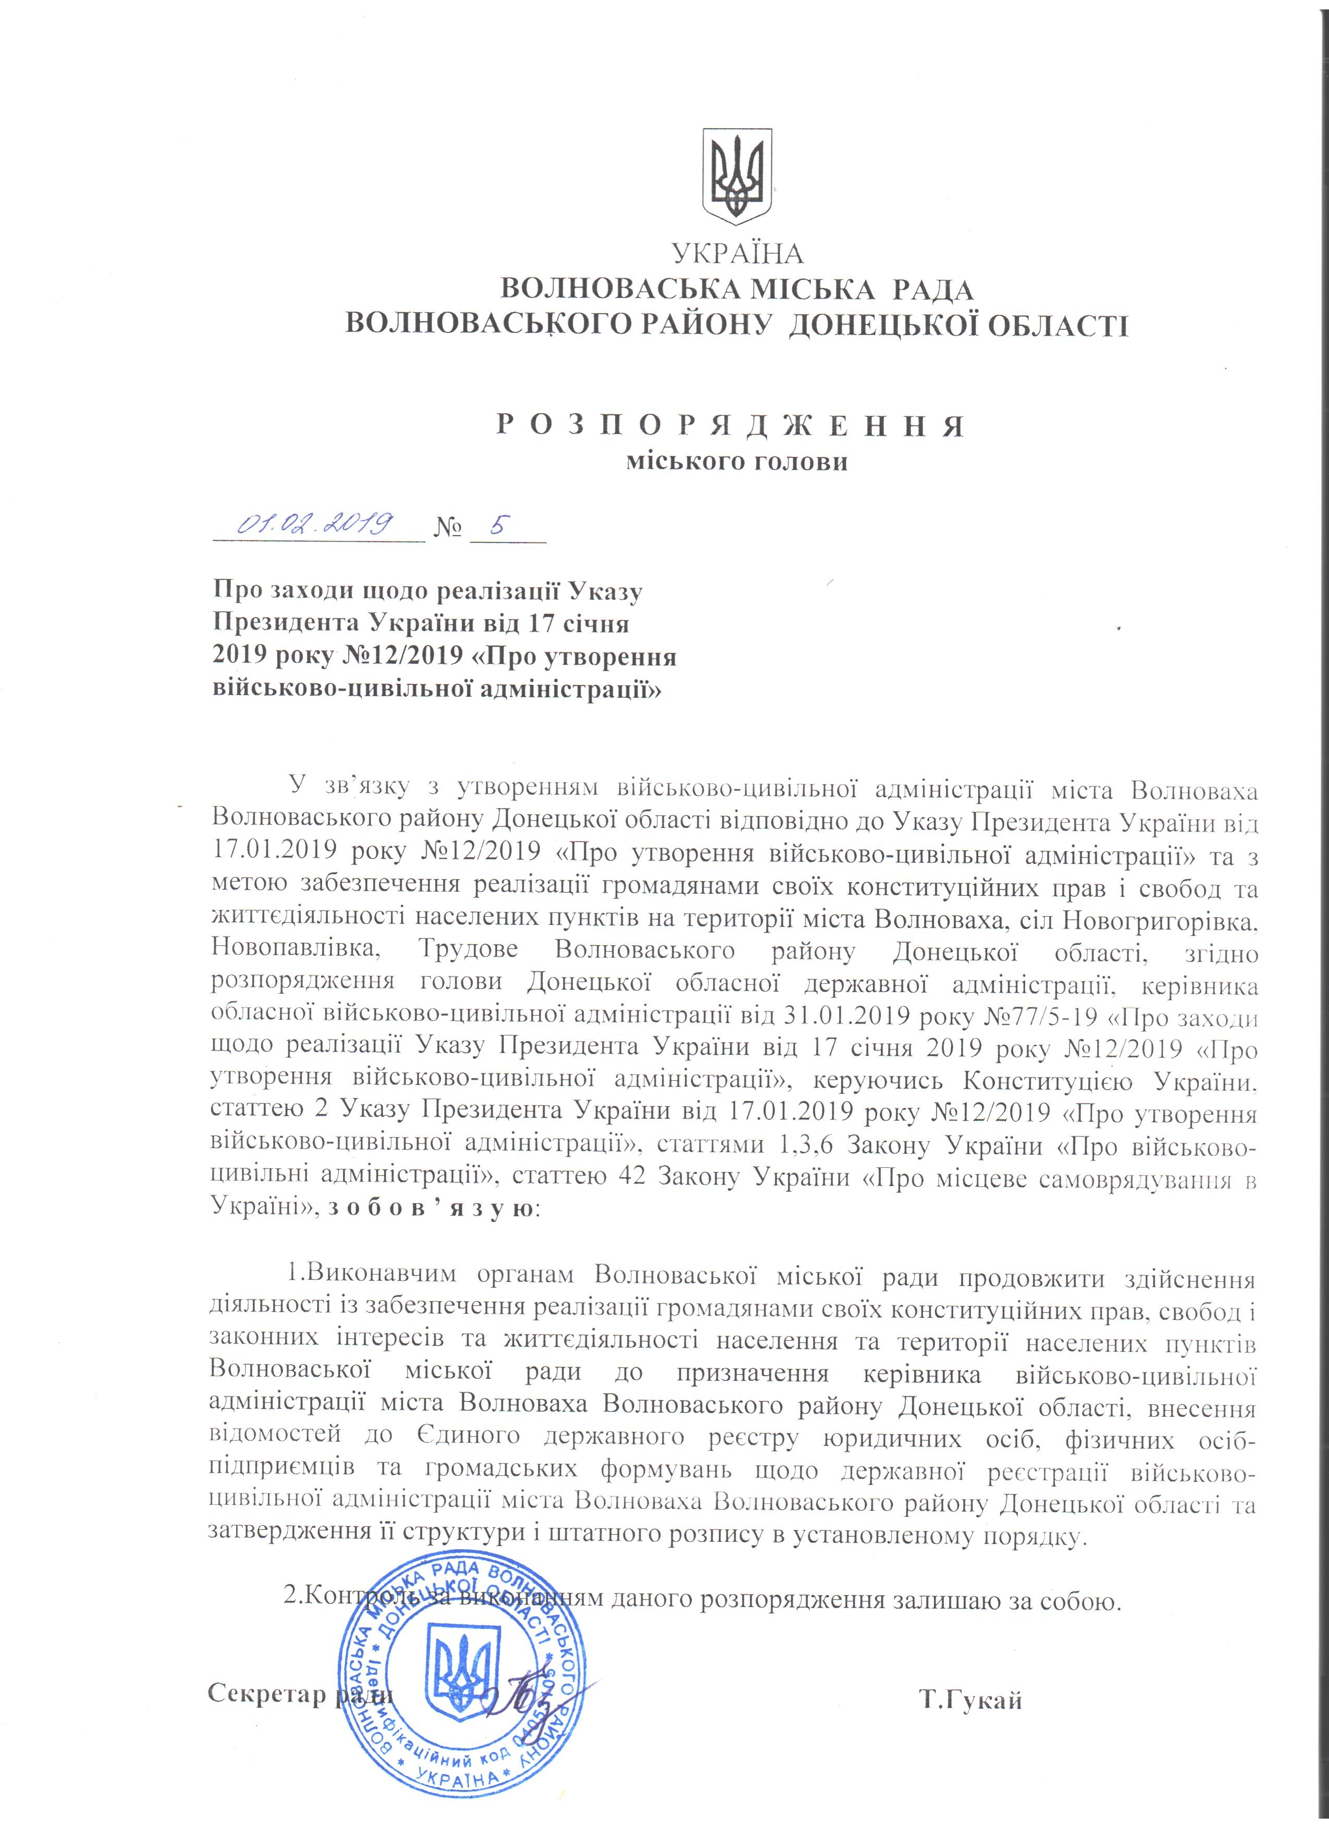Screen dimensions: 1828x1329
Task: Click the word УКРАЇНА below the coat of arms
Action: (x=737, y=254)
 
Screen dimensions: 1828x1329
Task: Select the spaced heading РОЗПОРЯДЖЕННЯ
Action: (x=729, y=426)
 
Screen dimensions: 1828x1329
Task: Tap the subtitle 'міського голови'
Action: (x=737, y=463)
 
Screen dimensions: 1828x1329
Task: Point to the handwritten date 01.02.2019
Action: (x=315, y=525)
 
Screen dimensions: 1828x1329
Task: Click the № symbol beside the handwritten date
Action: (x=448, y=529)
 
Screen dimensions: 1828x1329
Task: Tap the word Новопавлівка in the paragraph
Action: (x=296, y=949)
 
